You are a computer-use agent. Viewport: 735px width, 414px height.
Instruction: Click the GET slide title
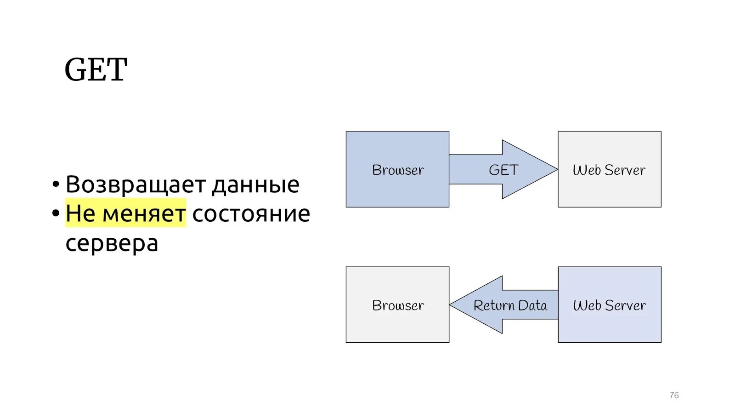pos(96,70)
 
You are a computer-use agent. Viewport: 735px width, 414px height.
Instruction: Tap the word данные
pos(256,184)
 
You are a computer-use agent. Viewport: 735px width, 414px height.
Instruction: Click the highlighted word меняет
pos(144,213)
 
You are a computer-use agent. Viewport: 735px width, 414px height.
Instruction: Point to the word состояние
pos(251,214)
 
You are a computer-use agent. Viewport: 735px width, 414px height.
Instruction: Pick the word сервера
pos(112,243)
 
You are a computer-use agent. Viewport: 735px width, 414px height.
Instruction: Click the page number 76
pos(674,395)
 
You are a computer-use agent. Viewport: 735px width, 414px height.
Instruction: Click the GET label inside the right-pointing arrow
pos(503,170)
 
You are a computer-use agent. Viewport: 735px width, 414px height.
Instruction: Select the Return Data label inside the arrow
pos(510,305)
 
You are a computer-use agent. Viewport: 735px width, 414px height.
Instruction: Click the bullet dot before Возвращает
pos(56,184)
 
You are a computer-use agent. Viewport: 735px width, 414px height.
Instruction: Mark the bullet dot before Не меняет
pos(56,213)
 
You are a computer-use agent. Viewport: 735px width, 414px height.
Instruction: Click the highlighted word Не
pos(80,213)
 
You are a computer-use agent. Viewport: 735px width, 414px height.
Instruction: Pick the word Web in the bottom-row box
pos(587,305)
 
